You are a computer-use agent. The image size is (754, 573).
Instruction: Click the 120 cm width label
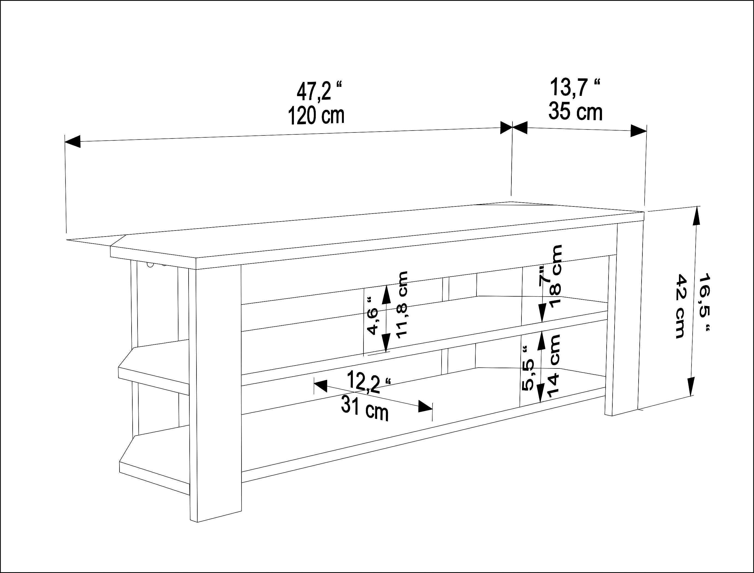click(316, 115)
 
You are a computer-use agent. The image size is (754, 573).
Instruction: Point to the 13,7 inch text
click(575, 87)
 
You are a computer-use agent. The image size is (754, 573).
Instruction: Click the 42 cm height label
click(680, 306)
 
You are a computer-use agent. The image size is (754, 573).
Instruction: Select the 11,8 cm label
click(402, 305)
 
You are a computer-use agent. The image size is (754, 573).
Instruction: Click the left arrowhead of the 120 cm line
click(72, 141)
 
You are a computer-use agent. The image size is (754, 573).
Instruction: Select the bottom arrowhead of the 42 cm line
click(691, 387)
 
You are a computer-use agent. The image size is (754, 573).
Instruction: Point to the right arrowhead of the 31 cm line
click(426, 406)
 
